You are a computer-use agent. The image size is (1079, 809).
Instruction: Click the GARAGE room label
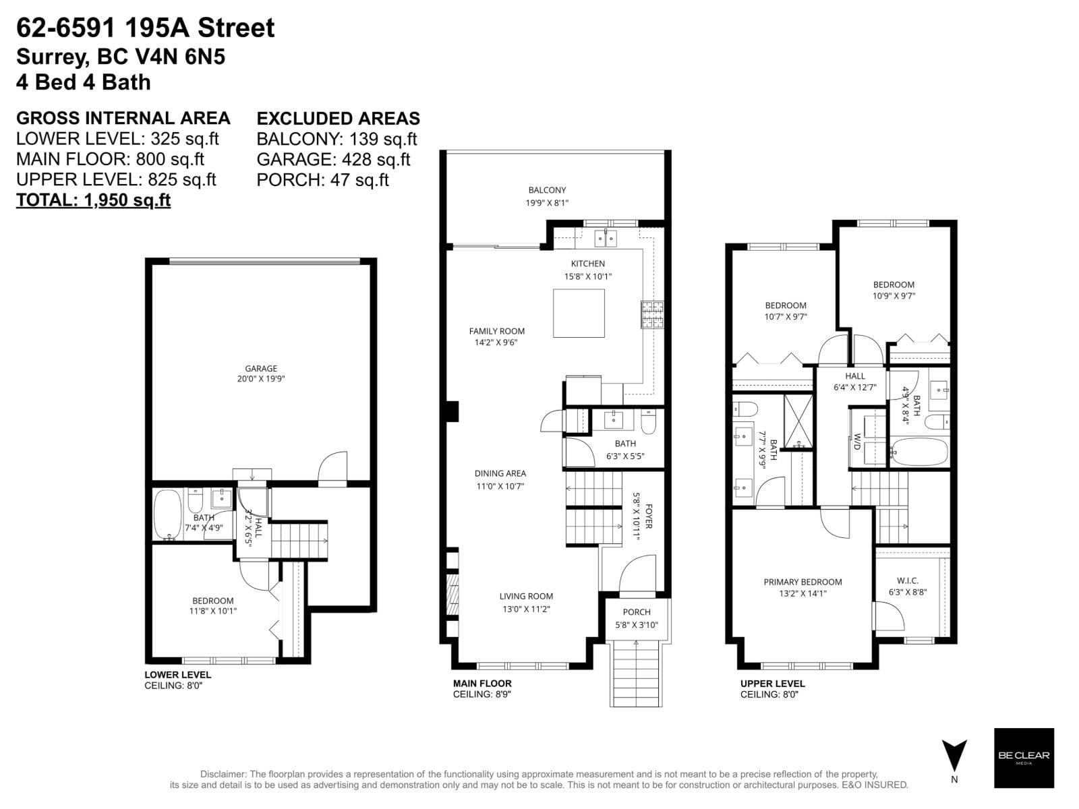point(261,369)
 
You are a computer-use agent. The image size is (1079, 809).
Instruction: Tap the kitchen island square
point(579,313)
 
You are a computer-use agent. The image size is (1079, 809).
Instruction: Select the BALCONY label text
point(547,190)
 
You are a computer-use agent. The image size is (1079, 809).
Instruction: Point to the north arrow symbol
point(954,756)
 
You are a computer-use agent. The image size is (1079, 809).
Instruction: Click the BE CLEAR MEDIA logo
point(1024,758)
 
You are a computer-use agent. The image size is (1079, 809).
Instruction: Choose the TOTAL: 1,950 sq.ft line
point(93,200)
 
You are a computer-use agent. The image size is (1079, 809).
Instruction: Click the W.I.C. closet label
point(908,580)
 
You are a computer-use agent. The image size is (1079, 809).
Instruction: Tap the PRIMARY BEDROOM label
point(803,582)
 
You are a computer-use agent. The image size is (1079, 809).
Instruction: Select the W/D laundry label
point(857,442)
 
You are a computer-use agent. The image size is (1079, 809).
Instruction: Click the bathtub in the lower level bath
point(167,514)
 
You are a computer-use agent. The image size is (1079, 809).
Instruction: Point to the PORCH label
point(637,612)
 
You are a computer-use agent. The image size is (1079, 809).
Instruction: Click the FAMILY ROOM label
point(497,331)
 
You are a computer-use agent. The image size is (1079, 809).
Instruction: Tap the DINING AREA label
point(500,473)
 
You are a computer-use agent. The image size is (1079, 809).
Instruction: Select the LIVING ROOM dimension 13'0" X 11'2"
point(526,609)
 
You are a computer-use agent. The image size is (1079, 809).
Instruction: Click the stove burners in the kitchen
point(652,314)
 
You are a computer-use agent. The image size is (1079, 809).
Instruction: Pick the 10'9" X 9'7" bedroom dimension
point(894,295)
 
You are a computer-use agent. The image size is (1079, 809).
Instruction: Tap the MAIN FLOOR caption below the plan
point(482,684)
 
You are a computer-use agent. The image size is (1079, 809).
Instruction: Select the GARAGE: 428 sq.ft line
point(333,160)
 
